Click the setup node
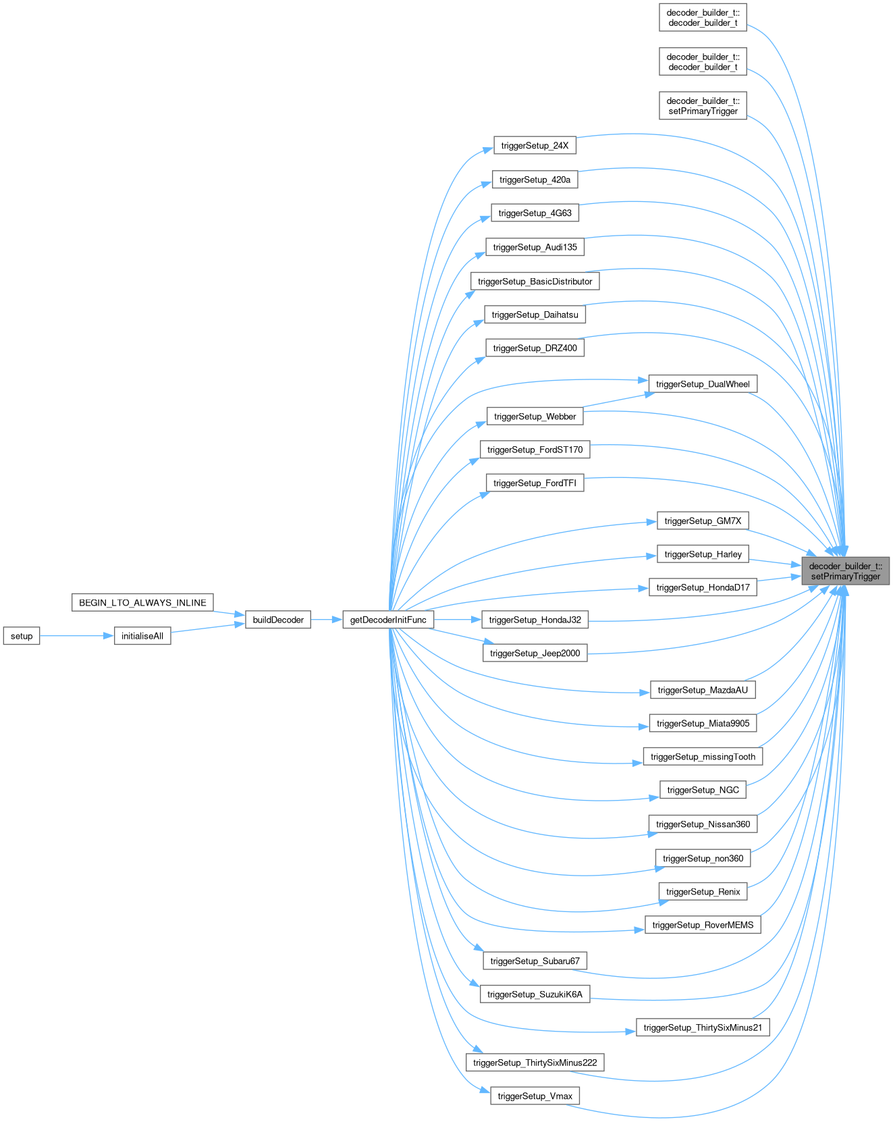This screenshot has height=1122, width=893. (x=22, y=636)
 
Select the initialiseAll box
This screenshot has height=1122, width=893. (x=142, y=636)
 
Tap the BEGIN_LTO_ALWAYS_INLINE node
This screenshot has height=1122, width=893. (x=142, y=602)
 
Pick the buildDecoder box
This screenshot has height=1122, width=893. (x=278, y=620)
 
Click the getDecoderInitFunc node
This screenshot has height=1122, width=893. (x=388, y=620)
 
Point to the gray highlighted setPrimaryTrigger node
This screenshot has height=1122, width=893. (x=846, y=571)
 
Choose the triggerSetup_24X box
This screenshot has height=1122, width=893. (x=535, y=145)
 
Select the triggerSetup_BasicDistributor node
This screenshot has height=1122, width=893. (x=535, y=281)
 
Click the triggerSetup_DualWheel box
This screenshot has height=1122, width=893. (x=703, y=383)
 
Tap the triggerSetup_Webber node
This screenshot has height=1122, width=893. (x=535, y=416)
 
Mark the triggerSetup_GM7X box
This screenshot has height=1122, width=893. (x=703, y=520)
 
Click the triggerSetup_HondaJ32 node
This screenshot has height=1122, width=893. (x=535, y=619)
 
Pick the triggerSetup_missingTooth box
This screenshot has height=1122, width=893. (x=703, y=756)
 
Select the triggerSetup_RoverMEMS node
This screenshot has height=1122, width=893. (x=703, y=924)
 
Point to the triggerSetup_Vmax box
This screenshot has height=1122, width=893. (x=535, y=1096)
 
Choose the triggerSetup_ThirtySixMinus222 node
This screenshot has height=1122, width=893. (x=535, y=1062)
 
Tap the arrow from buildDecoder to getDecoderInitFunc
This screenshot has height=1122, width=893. (x=327, y=620)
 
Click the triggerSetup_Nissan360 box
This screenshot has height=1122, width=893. (x=703, y=824)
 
